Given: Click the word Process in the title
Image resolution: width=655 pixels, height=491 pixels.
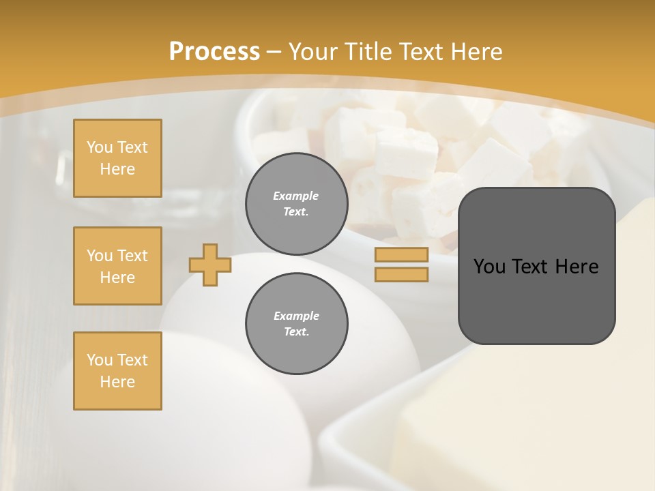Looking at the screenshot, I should point(214,52).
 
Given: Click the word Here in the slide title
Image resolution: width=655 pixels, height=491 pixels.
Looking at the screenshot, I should point(476,52).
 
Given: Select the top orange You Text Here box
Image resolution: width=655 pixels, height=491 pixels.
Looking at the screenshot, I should point(117,158).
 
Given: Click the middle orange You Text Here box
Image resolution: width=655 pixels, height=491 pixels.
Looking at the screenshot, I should point(117,266).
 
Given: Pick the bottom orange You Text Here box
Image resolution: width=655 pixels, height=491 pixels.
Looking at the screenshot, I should point(117,371).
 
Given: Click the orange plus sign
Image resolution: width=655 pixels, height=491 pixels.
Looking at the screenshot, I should point(210,265).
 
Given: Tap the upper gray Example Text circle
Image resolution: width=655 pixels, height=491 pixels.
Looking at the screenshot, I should point(296,203).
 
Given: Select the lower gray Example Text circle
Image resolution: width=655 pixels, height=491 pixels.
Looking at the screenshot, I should point(296,323).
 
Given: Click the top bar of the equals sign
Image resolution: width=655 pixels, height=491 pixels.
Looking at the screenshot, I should point(401,255).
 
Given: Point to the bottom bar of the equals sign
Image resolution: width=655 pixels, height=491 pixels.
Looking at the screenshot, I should point(401,275).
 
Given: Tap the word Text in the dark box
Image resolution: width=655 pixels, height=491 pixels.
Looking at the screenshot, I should point(532,267).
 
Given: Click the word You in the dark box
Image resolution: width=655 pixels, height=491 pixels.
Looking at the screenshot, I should point(489,267).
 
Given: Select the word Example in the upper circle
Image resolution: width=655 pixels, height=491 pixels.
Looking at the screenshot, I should point(296,196).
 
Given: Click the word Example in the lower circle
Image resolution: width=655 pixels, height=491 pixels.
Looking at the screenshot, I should point(296,316).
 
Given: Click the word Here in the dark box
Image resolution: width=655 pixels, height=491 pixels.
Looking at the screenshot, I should point(577,267).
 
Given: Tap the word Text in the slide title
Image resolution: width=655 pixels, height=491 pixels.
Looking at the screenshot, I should point(420,52).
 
